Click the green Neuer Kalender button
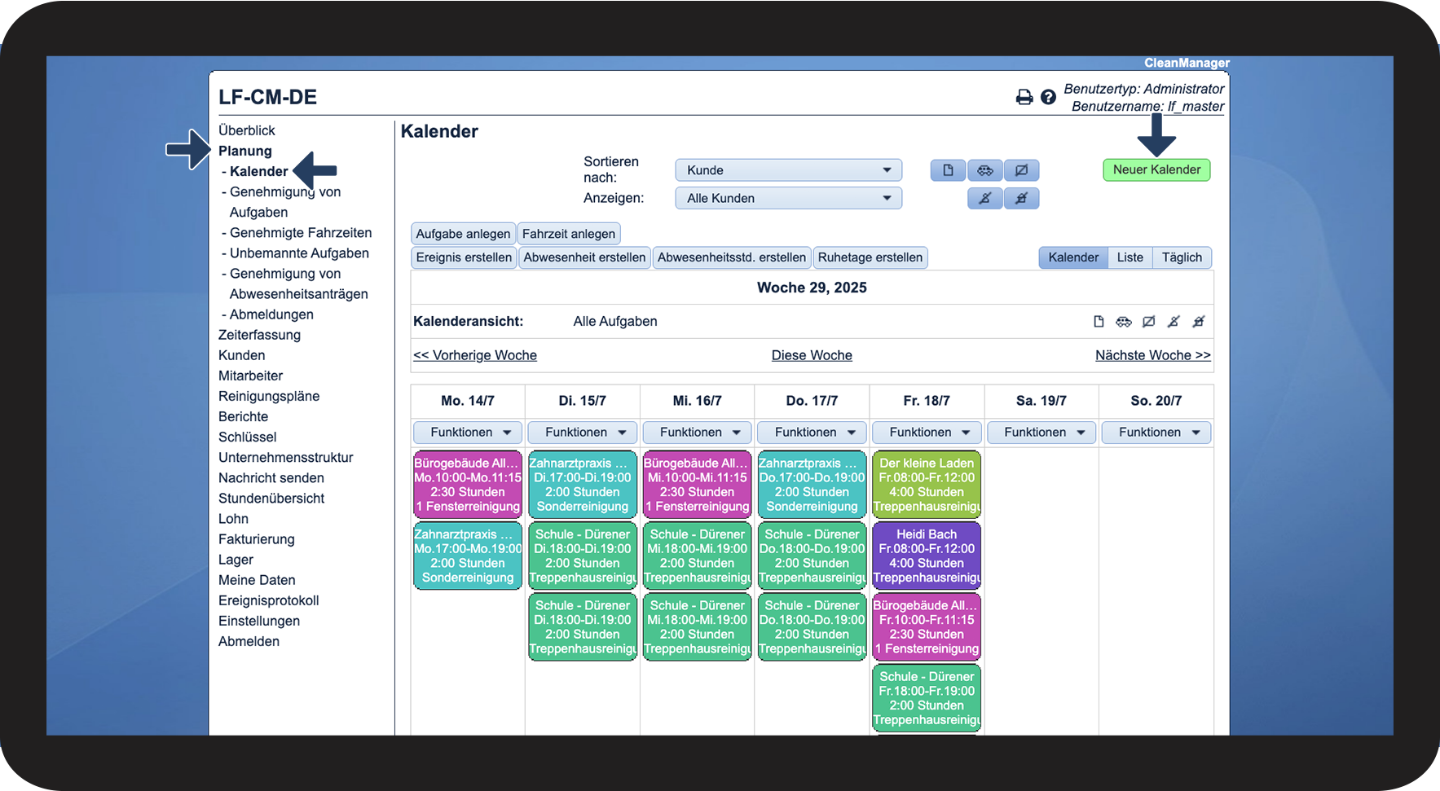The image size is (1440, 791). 1156,169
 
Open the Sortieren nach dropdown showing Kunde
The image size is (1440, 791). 788,170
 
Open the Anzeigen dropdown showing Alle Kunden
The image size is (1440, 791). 788,198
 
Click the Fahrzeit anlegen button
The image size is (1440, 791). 569,234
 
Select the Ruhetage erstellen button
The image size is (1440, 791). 870,257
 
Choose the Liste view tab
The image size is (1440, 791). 1130,257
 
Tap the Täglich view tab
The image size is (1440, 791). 1182,257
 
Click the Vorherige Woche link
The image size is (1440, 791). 475,355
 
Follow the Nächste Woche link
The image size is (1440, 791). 1152,355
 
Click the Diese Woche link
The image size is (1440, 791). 812,355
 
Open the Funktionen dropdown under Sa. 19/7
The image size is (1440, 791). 1041,433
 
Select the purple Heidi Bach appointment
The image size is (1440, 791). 927,556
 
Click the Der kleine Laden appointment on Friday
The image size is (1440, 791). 927,485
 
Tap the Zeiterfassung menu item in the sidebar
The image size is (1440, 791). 259,335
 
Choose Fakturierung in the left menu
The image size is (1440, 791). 257,539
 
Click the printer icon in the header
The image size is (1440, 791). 1024,98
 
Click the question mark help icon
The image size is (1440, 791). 1049,98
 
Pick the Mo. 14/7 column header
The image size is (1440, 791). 468,401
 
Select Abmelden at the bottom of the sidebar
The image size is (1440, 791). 249,641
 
